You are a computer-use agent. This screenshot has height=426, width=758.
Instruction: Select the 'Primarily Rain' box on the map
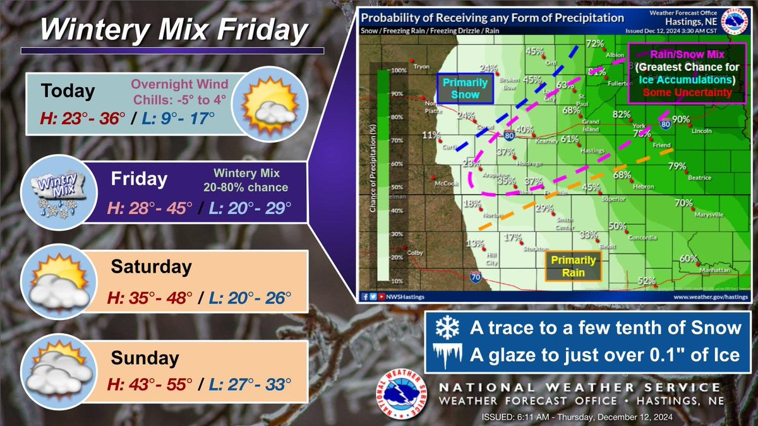coord(573,266)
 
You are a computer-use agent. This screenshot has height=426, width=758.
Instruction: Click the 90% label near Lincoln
coord(681,119)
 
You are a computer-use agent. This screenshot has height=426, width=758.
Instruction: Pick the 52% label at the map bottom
coord(646,281)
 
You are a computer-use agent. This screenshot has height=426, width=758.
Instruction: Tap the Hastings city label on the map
coord(593,151)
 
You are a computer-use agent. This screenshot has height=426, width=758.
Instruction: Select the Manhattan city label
coord(718,269)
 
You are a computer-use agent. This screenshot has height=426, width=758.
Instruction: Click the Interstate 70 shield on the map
coord(475,276)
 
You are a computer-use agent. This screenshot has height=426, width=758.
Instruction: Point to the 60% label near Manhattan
coord(689,258)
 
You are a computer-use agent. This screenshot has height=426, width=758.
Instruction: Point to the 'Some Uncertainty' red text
coord(685,93)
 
